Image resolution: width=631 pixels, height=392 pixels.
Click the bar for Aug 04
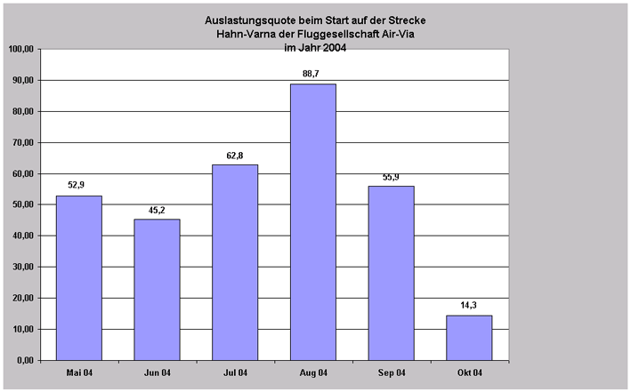click(x=312, y=222)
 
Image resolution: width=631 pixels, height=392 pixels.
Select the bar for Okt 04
click(x=469, y=338)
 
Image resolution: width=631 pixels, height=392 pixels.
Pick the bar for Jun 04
click(x=157, y=290)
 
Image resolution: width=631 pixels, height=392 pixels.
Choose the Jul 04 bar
click(x=235, y=262)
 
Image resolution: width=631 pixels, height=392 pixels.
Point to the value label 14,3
click(x=469, y=306)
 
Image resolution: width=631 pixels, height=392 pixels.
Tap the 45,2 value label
click(x=157, y=210)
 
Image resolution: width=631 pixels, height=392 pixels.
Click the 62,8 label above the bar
click(x=235, y=156)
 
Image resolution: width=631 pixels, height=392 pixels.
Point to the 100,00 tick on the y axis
click(x=20, y=49)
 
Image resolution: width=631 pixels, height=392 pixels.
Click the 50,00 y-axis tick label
click(x=22, y=204)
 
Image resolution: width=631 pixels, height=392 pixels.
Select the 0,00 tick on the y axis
click(x=25, y=360)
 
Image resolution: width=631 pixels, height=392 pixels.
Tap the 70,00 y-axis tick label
click(x=22, y=142)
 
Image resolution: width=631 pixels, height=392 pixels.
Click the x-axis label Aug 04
click(x=312, y=372)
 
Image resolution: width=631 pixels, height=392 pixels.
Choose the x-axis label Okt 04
click(x=469, y=372)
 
